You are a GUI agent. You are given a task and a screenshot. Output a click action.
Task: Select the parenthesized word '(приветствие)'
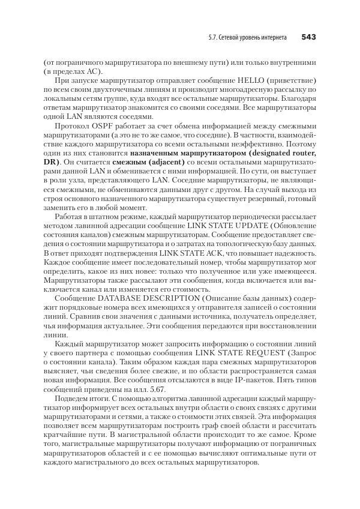click(x=282, y=80)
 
